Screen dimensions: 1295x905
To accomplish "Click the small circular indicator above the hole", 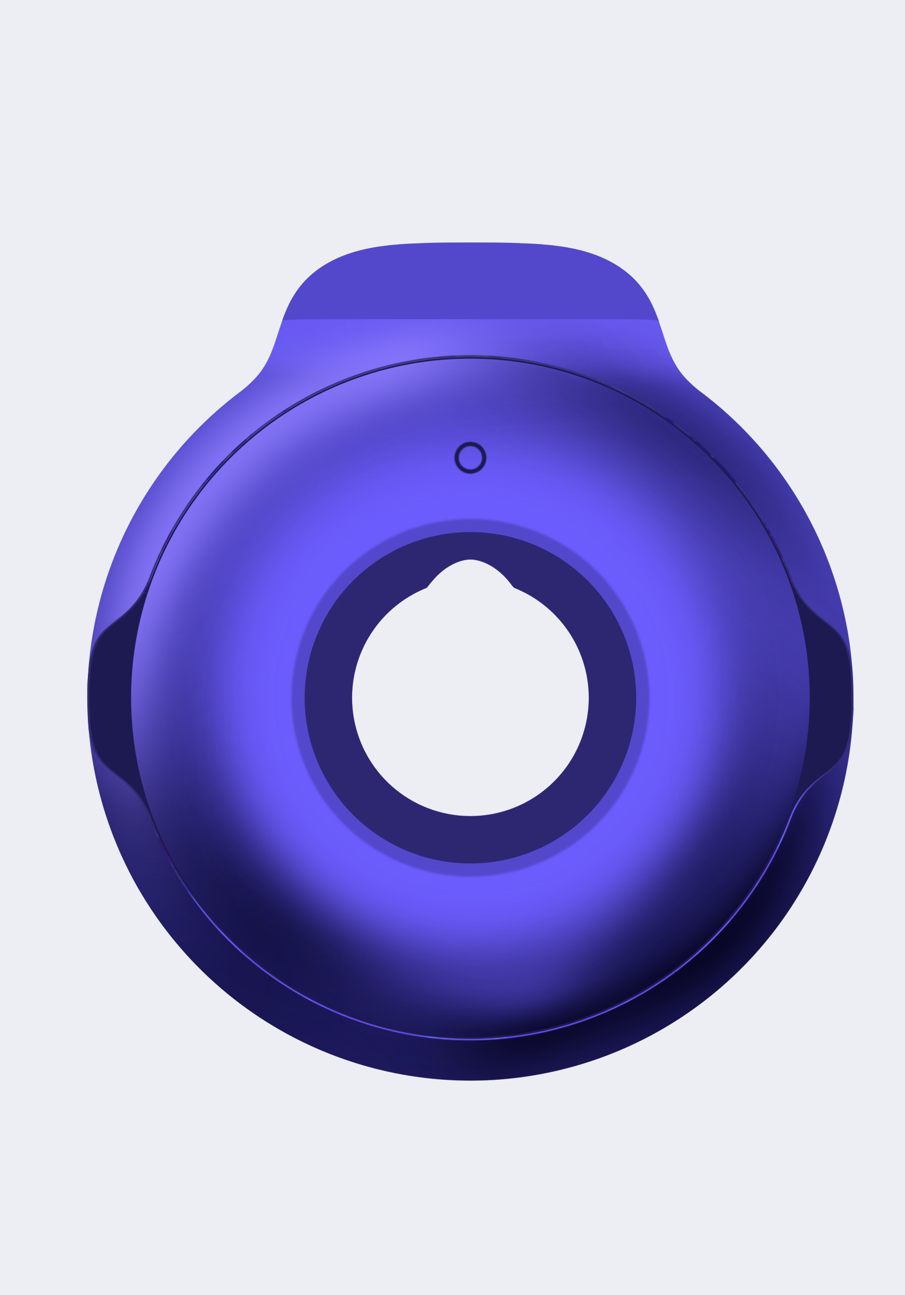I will (x=470, y=457).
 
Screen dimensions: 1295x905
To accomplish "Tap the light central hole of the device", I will (x=470, y=700).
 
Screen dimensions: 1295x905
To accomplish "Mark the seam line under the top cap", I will (x=470, y=320).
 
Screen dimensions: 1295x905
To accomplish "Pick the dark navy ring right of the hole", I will (x=612, y=700).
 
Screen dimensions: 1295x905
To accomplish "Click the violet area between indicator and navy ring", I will (x=470, y=496).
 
